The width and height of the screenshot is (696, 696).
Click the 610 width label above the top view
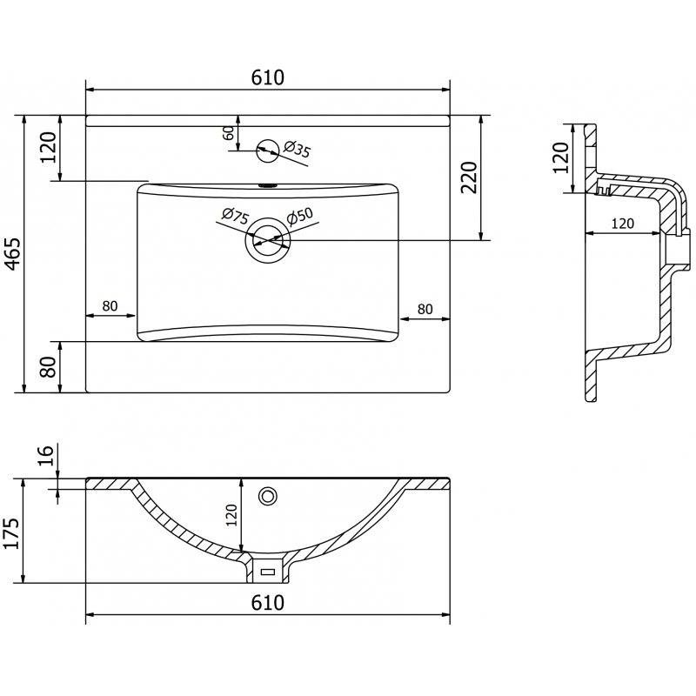(268, 77)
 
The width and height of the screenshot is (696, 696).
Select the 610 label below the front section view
(268, 602)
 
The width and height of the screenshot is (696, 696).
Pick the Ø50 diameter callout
(299, 215)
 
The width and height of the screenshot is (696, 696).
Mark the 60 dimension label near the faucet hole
(228, 134)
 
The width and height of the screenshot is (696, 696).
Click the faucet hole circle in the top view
(269, 151)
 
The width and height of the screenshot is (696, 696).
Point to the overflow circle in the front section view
(268, 496)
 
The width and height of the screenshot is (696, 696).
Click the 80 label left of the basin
(110, 306)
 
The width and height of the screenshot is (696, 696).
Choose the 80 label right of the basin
(425, 308)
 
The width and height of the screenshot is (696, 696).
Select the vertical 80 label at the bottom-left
(49, 366)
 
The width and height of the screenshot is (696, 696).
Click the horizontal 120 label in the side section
(621, 224)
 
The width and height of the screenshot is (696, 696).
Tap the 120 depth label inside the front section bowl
(231, 515)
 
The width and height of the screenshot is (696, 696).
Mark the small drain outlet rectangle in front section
(267, 572)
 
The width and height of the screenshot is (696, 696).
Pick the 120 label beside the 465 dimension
(49, 148)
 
